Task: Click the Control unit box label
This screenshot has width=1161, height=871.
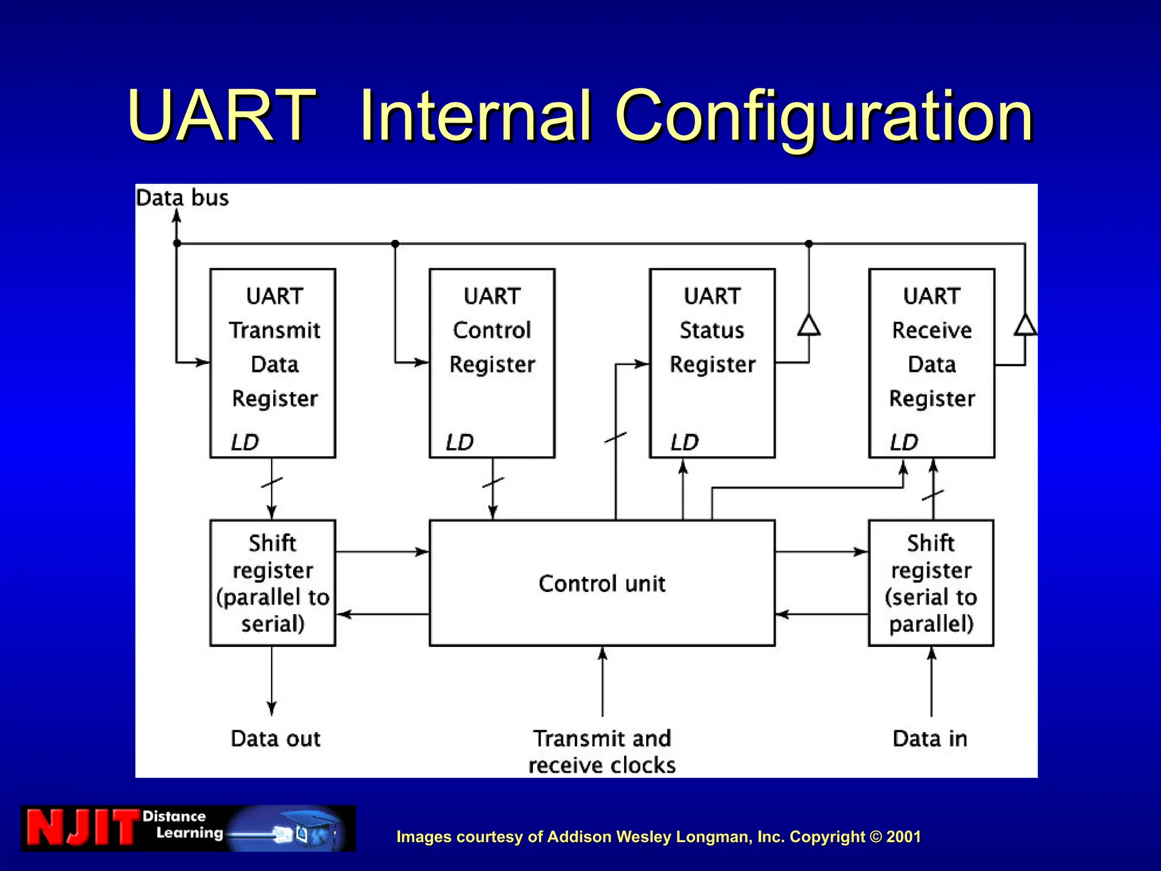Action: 601,584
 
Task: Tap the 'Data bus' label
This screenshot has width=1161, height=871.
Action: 182,198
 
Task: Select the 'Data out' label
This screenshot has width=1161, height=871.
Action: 276,738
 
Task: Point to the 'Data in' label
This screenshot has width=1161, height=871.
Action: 930,738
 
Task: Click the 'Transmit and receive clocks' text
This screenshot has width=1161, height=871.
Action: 602,751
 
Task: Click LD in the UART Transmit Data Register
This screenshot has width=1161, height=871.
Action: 245,442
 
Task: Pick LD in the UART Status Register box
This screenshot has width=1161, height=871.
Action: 685,442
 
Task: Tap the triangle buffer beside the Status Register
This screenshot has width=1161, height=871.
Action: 808,325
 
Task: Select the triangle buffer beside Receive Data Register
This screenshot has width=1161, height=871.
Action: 1025,325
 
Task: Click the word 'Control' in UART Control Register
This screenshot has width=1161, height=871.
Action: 492,330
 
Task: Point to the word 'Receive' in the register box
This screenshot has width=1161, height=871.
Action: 932,330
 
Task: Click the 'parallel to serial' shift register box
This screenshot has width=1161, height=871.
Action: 273,583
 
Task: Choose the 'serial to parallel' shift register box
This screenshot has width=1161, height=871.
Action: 931,583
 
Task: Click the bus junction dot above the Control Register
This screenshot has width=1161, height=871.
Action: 395,244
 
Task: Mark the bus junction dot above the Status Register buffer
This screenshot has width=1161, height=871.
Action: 809,244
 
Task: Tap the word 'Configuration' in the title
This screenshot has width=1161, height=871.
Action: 824,117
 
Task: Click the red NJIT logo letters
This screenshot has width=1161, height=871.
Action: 83,828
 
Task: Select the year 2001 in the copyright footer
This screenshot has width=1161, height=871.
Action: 904,836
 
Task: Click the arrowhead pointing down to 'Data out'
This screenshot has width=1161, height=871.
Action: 272,708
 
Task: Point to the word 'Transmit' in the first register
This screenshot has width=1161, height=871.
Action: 275,330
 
